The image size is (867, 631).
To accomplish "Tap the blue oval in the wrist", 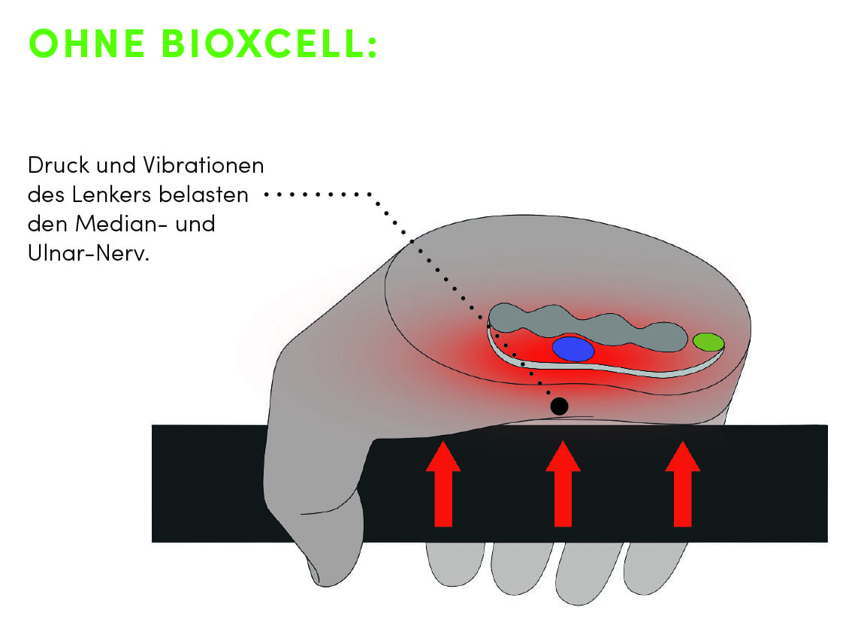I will [x=573, y=349].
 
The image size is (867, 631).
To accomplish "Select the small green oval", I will [x=708, y=343].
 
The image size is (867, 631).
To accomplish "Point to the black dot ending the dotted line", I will [x=558, y=406].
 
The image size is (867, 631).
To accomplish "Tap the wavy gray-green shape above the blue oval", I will [x=586, y=325].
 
